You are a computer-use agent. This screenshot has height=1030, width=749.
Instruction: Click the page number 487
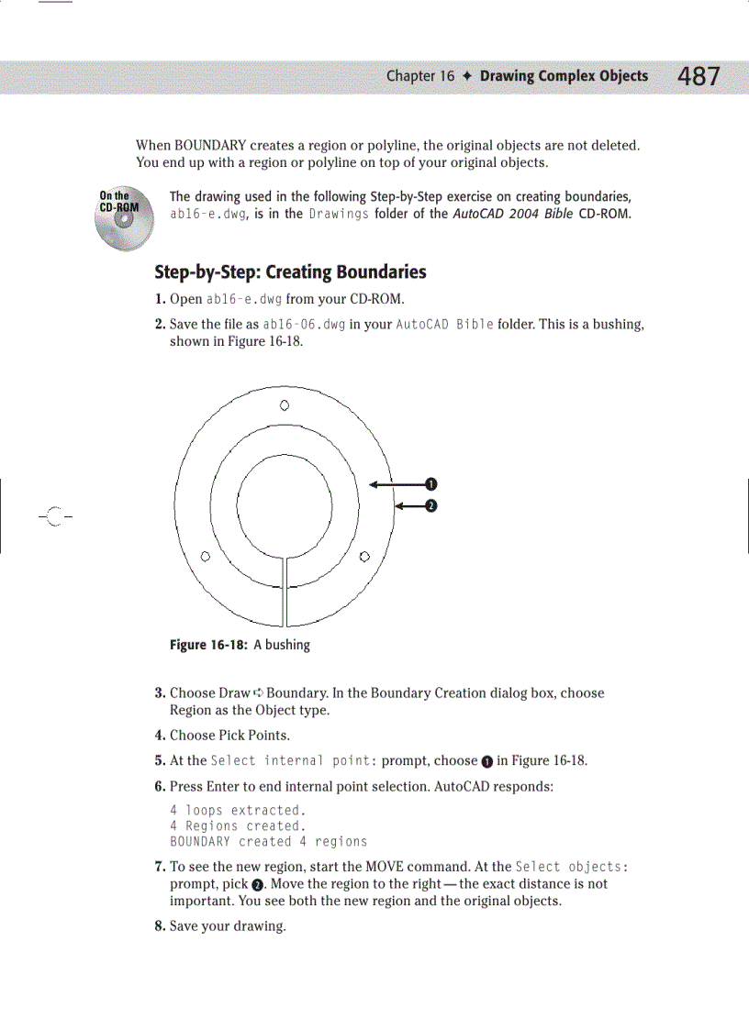tap(699, 77)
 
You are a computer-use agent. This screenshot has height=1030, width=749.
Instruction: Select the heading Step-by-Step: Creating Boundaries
tap(290, 272)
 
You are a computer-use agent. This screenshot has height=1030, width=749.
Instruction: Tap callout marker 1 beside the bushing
tap(430, 484)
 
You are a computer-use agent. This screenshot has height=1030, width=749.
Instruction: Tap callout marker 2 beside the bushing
tap(430, 504)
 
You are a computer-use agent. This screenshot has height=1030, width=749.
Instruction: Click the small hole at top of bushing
tap(285, 404)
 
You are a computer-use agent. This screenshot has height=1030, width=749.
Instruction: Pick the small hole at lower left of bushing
tap(206, 556)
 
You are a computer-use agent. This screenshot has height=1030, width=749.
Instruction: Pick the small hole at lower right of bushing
tap(364, 556)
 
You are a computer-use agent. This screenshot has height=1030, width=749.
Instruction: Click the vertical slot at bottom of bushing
tap(285, 592)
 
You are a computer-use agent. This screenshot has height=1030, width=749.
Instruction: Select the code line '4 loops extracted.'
tap(238, 811)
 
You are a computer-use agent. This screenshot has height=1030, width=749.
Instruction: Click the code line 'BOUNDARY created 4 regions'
tap(268, 842)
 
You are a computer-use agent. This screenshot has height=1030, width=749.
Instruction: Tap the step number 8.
tap(160, 926)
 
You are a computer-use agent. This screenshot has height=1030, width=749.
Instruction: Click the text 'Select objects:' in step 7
tap(572, 868)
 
